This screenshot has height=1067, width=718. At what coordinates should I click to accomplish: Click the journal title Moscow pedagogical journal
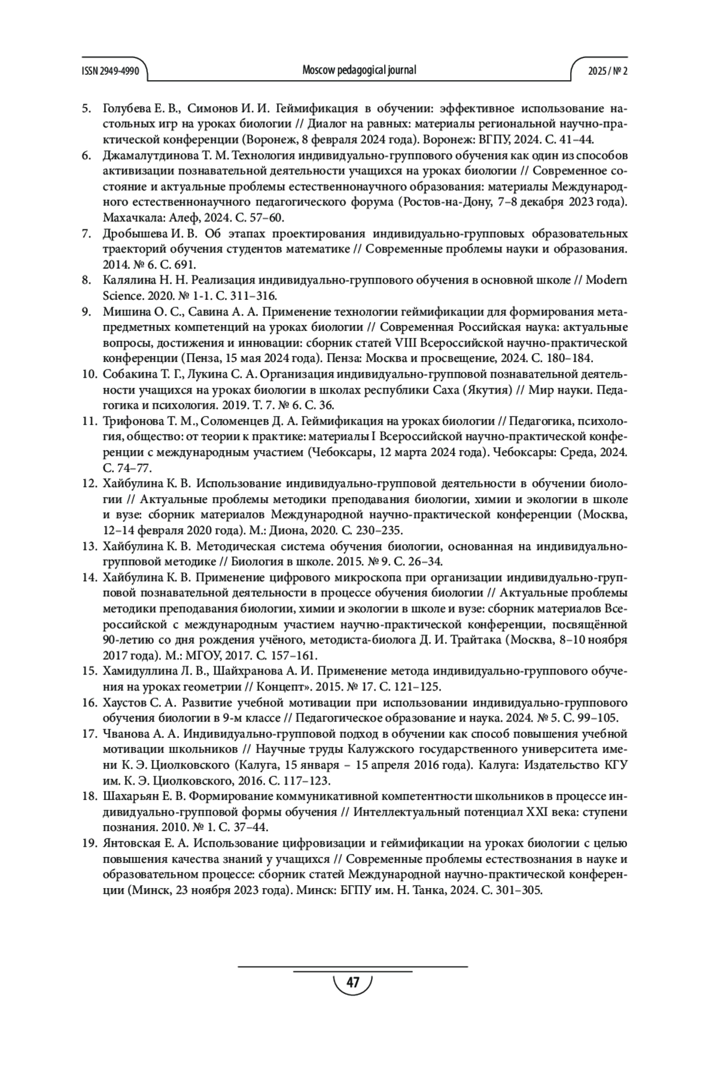point(359,70)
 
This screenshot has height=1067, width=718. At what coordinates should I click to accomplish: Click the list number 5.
point(86,109)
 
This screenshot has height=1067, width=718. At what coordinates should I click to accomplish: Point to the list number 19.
point(89,844)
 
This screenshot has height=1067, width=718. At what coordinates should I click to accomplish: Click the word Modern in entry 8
point(607,280)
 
